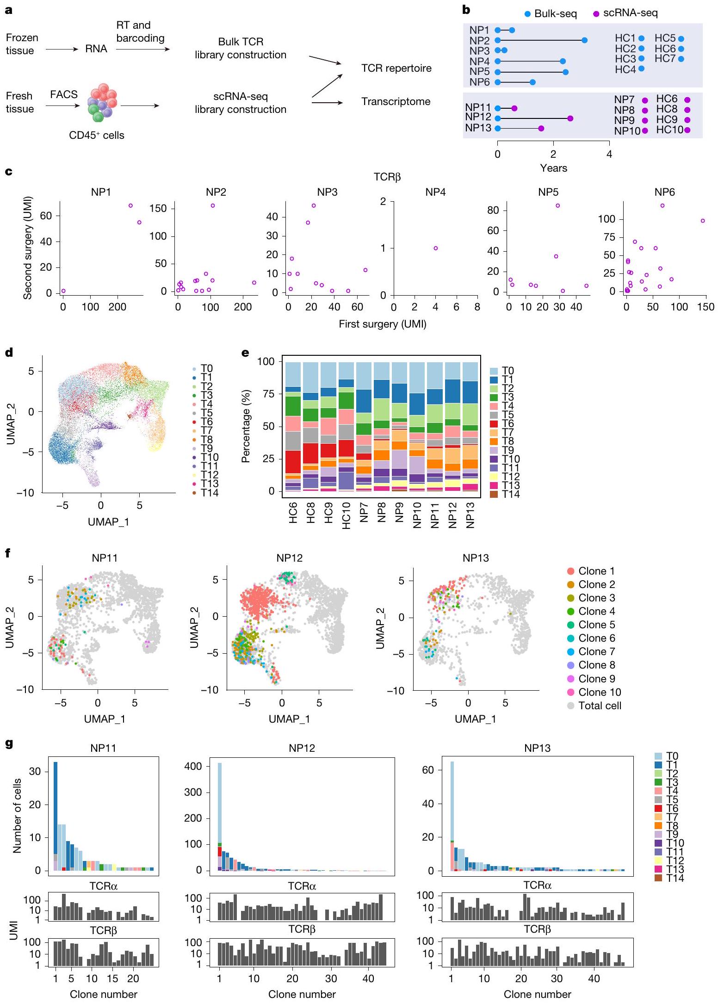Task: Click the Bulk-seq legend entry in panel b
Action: point(551,13)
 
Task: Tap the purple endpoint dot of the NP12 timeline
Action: point(570,118)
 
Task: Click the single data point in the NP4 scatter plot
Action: point(435,248)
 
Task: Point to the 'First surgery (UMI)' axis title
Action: point(382,324)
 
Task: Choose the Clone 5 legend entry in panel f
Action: point(591,625)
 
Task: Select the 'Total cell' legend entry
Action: point(594,706)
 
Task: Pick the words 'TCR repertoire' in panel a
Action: point(396,68)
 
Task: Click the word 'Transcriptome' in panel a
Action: point(396,101)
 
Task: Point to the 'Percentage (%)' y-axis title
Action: point(246,426)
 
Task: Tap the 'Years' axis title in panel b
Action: point(553,168)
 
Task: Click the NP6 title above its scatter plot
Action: point(664,192)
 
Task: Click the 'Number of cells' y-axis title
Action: point(18,816)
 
